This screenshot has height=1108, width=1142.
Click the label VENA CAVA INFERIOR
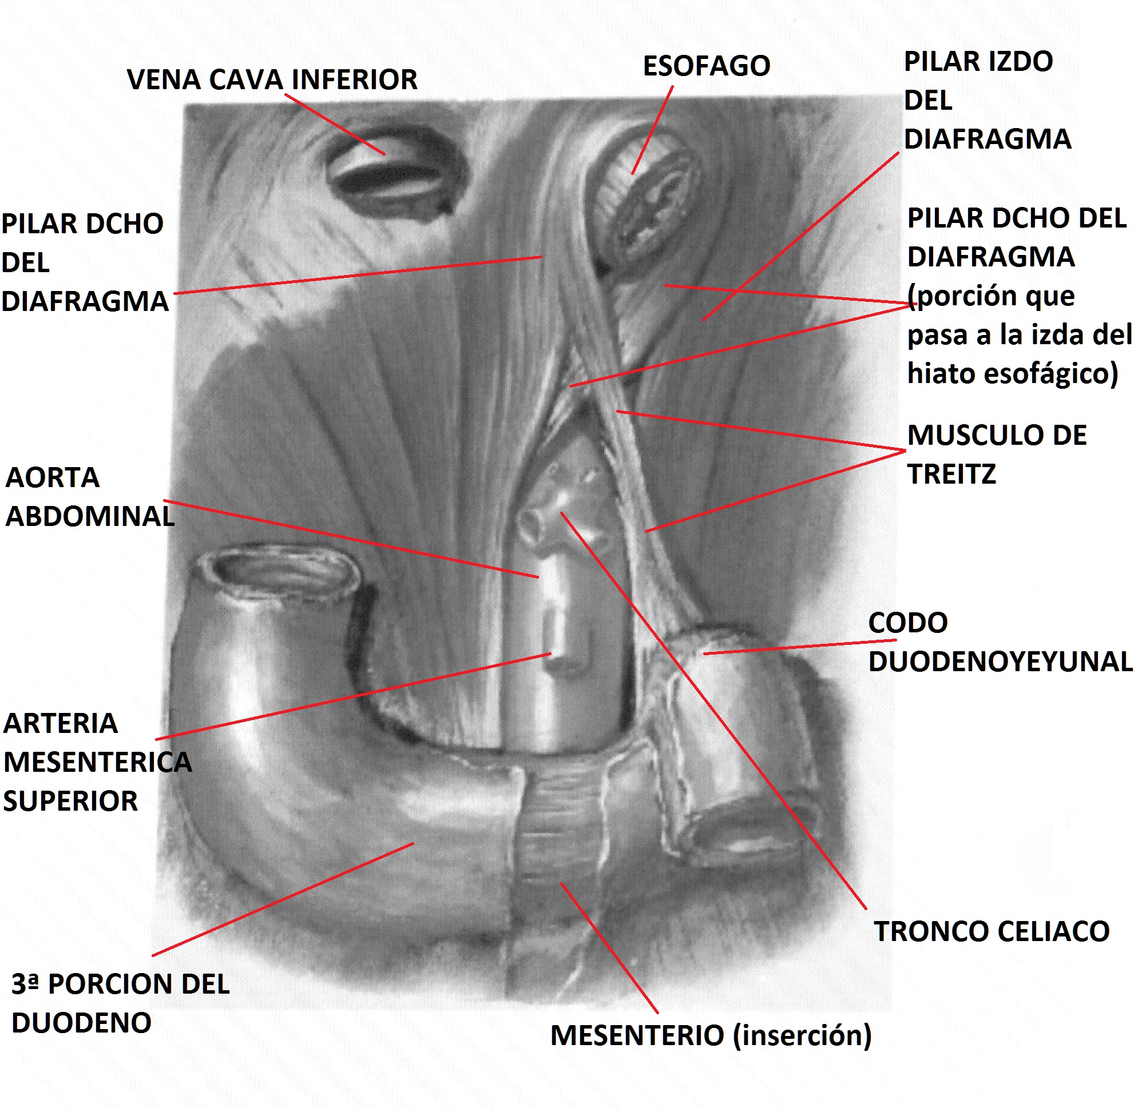pyautogui.click(x=272, y=80)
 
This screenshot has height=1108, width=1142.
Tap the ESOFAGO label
pyautogui.click(x=706, y=66)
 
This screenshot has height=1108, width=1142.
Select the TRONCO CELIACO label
pyautogui.click(x=991, y=931)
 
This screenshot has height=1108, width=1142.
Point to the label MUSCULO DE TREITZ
pyautogui.click(x=996, y=454)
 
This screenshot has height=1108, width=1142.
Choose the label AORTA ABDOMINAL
pyautogui.click(x=89, y=497)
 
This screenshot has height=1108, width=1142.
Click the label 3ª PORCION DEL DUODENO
pyautogui.click(x=121, y=1003)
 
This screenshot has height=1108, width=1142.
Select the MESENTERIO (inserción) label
pyautogui.click(x=711, y=1035)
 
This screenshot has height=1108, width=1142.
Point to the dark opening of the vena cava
pyautogui.click(x=390, y=175)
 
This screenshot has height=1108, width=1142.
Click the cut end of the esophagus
pyautogui.click(x=647, y=198)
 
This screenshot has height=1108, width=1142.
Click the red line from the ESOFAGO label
pyautogui.click(x=653, y=130)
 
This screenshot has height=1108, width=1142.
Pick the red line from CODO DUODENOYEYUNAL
pyautogui.click(x=798, y=647)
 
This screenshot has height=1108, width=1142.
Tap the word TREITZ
pyautogui.click(x=951, y=474)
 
